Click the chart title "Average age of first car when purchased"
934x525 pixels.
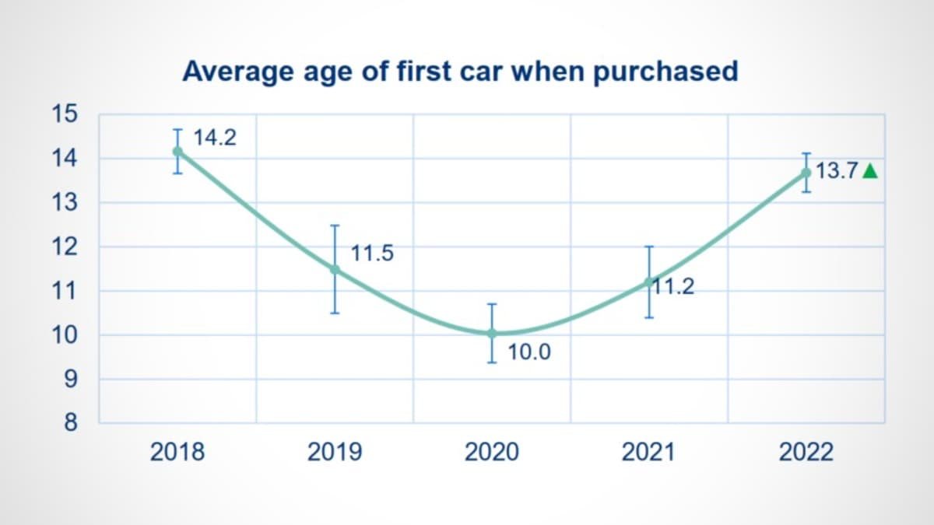[460, 72]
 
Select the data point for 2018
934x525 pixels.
[178, 151]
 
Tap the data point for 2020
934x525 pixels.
[492, 333]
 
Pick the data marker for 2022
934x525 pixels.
[806, 173]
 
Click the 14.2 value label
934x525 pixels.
[215, 138]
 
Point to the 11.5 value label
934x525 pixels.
[372, 254]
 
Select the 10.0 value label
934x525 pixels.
[529, 352]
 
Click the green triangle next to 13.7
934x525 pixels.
[870, 172]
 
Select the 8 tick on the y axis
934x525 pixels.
[71, 424]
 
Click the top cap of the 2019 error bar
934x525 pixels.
[335, 226]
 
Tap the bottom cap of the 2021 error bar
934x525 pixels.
[649, 317]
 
